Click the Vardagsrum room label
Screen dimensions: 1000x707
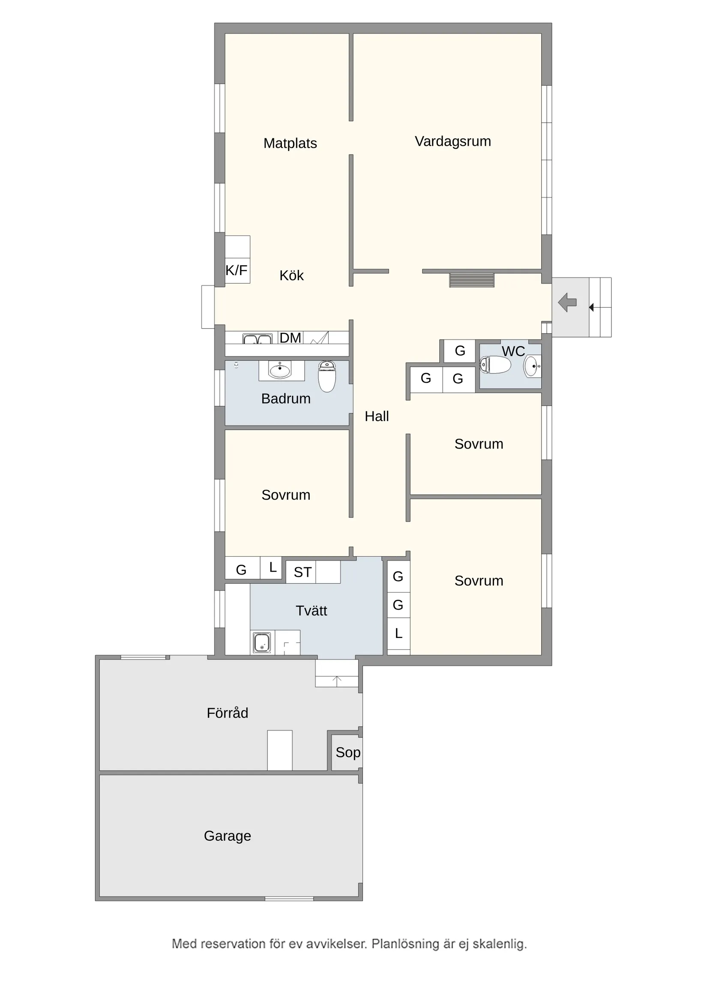452,141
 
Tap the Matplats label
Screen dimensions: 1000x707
290,143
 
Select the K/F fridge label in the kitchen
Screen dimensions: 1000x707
236,270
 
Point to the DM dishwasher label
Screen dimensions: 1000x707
290,338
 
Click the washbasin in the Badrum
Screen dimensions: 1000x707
280,370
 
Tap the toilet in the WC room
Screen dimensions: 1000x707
495,365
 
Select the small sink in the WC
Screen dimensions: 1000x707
532,366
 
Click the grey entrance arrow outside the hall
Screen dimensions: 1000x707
567,302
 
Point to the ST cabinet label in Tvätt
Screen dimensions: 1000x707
303,572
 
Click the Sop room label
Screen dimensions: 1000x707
348,753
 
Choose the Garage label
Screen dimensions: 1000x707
228,836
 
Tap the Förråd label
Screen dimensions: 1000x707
228,713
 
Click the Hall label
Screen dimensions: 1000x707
376,416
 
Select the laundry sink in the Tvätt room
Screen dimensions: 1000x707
262,643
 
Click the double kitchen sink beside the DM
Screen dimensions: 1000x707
257,339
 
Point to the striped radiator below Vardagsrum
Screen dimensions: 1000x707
472,280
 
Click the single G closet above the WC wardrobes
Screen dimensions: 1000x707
460,350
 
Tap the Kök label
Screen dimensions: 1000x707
291,275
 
